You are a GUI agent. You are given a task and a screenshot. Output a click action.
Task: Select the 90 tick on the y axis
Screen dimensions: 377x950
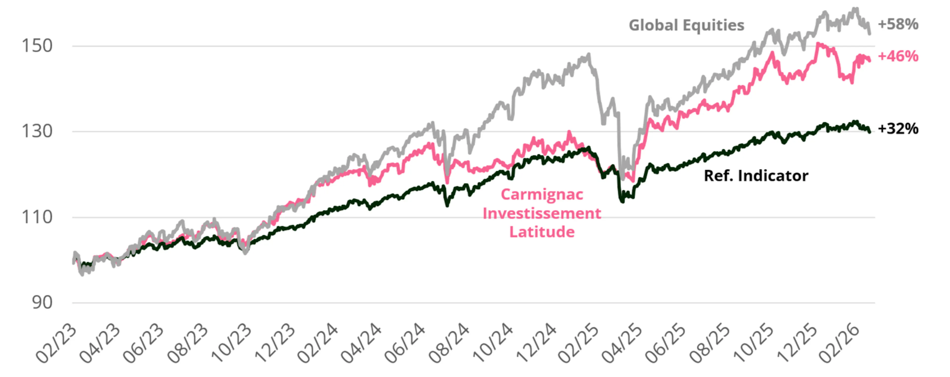click(42, 303)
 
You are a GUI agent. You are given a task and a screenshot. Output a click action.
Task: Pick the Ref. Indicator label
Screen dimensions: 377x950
click(756, 176)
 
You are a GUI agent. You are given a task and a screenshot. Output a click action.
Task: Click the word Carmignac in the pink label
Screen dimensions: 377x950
click(542, 194)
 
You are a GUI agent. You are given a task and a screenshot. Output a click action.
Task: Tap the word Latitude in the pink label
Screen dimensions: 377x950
click(542, 232)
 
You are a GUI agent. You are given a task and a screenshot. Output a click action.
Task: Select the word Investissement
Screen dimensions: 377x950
click(542, 213)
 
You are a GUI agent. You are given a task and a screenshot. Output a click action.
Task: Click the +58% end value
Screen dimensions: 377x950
click(898, 24)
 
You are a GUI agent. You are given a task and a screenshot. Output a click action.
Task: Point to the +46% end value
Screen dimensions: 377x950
click(898, 56)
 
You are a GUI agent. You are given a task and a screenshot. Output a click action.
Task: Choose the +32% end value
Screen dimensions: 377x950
click(898, 129)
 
